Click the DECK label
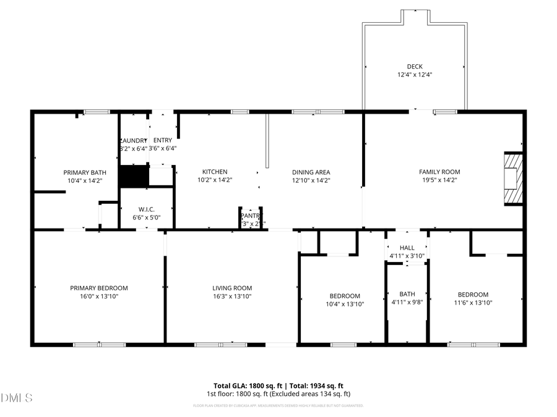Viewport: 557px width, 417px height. coord(415,66)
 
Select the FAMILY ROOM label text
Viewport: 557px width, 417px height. coord(439,172)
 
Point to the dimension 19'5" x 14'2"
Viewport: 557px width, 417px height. coord(439,180)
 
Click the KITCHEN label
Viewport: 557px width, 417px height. coord(215,172)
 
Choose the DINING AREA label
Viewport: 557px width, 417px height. coord(311,172)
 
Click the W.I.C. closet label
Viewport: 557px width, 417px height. coord(146,209)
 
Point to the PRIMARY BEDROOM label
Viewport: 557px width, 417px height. coord(99,288)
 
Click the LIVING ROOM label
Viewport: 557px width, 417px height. coord(232,288)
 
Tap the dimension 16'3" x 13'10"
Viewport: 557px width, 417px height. coord(232,297)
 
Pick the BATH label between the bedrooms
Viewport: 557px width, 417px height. coord(407,294)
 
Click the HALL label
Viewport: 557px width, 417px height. coord(407,248)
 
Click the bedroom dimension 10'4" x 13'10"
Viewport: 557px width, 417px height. coord(345,304)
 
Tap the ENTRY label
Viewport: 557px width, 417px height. coord(163,140)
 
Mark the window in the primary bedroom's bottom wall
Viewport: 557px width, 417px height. coord(99,344)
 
